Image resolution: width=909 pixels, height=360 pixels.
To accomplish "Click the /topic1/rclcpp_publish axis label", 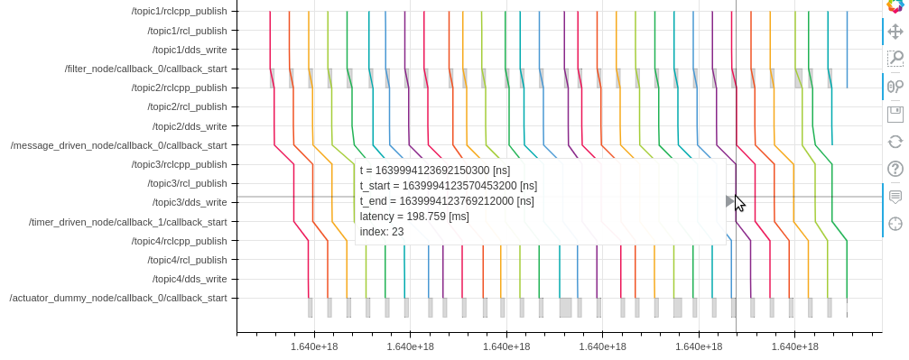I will point(179,11).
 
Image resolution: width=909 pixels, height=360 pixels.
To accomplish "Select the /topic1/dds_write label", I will point(189,50).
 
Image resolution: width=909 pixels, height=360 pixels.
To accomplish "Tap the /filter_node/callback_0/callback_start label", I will point(145,69).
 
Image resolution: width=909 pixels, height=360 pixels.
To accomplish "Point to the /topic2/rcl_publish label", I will point(187,106).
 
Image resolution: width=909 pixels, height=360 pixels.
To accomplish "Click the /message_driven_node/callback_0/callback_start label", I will point(118,145).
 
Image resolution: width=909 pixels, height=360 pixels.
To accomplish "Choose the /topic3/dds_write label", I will point(189,202).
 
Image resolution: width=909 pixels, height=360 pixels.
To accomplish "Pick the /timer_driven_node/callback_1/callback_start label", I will point(127,222).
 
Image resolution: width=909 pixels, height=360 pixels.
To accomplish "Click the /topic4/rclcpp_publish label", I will point(179,241).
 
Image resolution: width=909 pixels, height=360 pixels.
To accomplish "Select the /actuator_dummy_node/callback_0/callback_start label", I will point(118,298).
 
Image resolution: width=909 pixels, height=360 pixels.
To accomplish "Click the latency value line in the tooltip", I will point(414,217).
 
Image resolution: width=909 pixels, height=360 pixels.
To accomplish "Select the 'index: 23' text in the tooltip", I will point(382,232).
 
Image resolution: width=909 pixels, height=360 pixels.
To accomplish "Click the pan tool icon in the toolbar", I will point(895,32).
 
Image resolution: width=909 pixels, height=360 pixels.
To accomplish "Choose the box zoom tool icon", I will point(895,59).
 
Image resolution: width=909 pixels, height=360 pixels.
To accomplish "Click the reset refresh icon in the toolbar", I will point(895,141).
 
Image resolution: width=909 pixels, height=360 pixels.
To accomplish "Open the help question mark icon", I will point(895,169).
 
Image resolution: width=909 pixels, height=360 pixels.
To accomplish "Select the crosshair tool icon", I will point(895,224).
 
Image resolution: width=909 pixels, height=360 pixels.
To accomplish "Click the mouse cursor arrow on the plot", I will point(739,203).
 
